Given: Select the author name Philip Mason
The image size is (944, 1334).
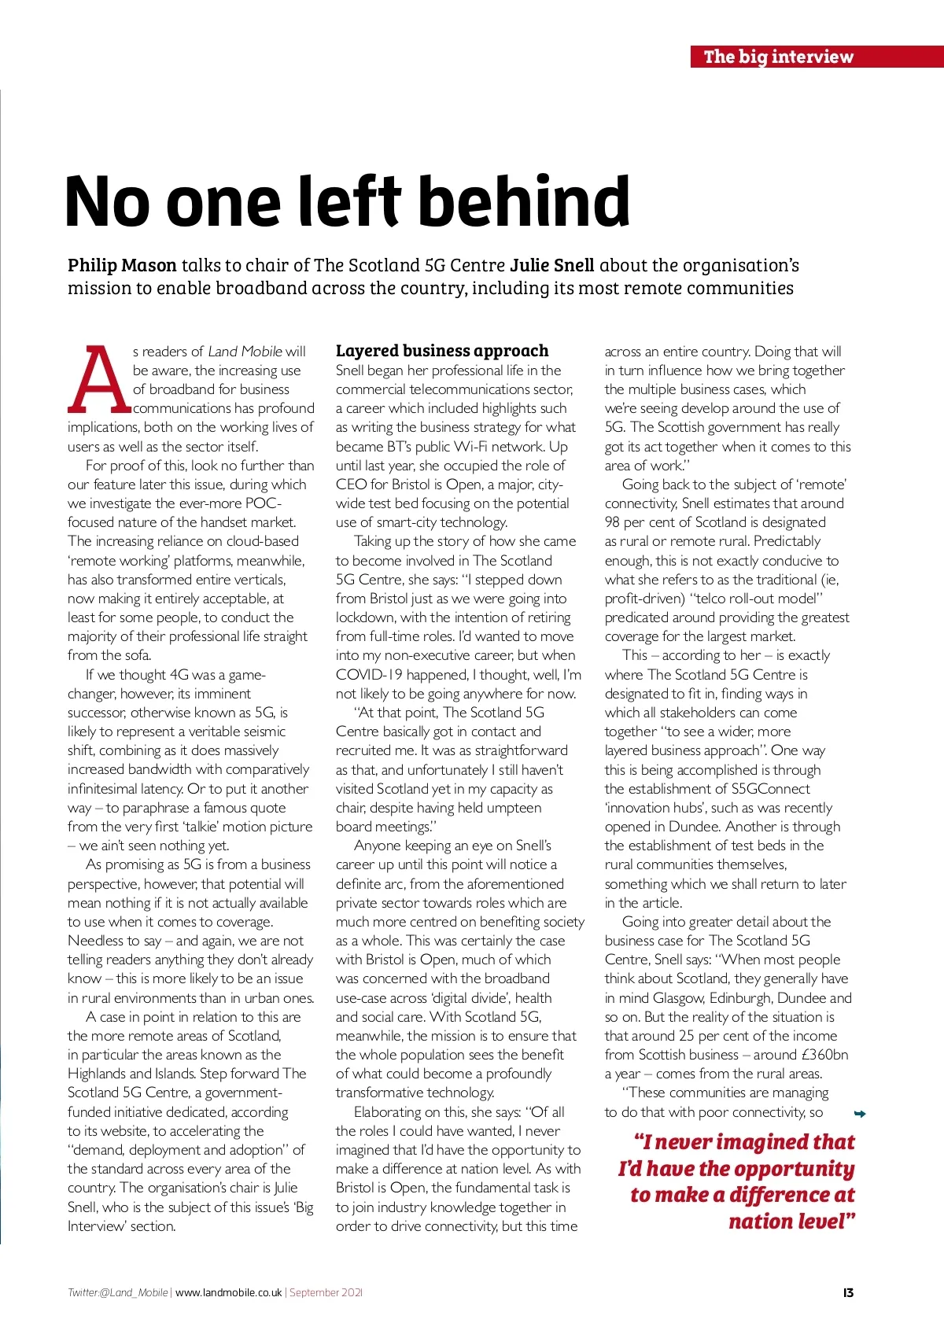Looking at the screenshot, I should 122,266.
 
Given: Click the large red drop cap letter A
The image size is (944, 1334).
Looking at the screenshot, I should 98,381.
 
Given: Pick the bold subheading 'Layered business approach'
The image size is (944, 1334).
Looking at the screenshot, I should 442,351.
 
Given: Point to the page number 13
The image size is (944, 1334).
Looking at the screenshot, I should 848,1292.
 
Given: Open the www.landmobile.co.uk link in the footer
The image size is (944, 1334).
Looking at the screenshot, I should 228,1292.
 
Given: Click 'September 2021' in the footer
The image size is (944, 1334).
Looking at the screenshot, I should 326,1292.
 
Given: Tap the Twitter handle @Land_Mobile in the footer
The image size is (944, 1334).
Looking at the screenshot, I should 133,1292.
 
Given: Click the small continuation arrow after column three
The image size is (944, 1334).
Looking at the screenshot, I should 860,1114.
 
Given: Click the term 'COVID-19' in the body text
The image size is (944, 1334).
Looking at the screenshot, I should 370,675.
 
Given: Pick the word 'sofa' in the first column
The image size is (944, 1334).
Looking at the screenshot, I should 137,655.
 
